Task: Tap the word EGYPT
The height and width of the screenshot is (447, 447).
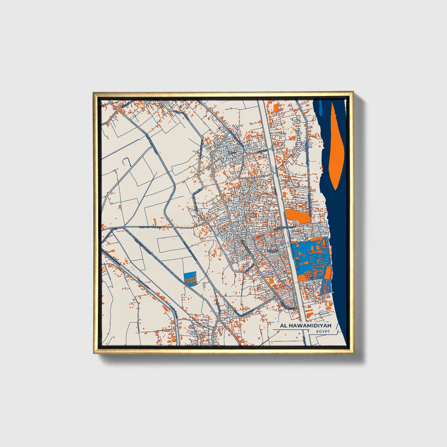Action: tap(323, 332)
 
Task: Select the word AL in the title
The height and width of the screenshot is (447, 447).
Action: tap(283, 326)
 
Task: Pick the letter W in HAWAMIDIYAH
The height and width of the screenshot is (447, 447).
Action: tap(299, 326)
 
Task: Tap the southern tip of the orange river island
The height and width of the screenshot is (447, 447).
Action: tap(336, 188)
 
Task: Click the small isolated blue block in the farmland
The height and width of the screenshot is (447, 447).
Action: tap(190, 279)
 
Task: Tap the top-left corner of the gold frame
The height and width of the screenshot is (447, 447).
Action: tap(94, 92)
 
